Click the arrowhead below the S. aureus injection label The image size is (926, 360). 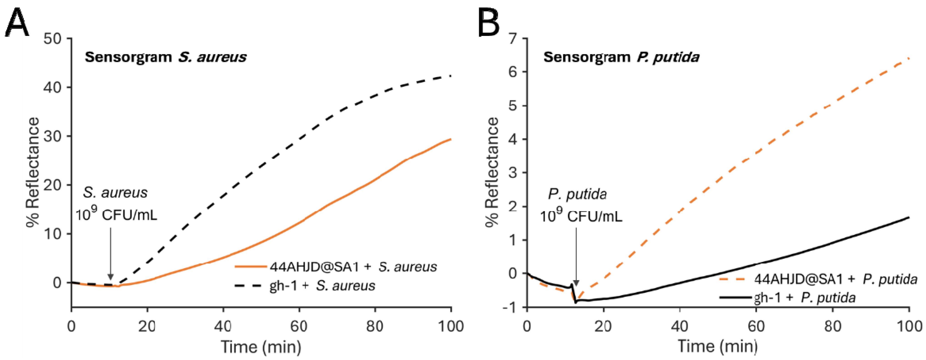coord(110,277)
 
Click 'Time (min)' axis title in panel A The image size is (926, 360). coord(261,347)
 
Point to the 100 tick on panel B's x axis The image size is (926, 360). coord(908,326)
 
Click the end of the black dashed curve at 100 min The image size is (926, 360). coord(450,76)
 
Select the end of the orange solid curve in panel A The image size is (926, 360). coord(450,139)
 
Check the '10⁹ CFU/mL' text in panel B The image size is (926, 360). coord(581,217)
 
